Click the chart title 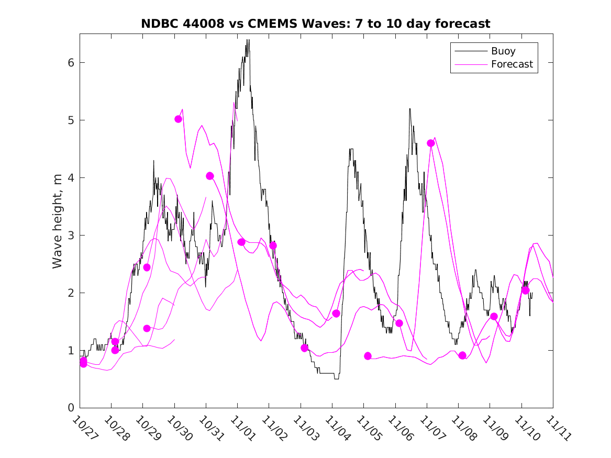click(x=316, y=24)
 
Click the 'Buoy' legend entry click(x=503, y=51)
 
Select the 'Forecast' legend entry click(x=512, y=64)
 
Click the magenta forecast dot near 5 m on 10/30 click(x=178, y=119)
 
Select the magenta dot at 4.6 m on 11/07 click(x=431, y=143)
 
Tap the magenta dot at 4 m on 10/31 click(x=210, y=176)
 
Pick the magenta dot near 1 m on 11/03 click(x=304, y=348)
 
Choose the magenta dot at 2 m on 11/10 click(x=525, y=291)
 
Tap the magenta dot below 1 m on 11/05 click(x=368, y=356)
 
